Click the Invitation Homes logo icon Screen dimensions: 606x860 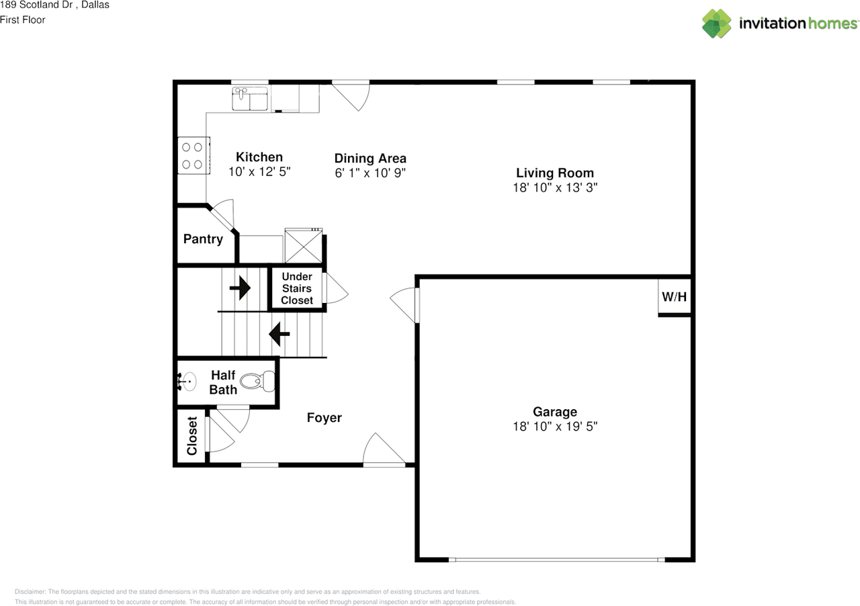pos(717,24)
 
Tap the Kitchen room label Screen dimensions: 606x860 pos(259,157)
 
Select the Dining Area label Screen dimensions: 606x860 pos(370,159)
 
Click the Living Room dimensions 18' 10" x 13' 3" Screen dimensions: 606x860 pos(555,188)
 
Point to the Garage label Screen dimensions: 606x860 pos(555,412)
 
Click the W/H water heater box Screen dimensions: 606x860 pos(675,296)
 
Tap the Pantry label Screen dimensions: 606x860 pos(203,239)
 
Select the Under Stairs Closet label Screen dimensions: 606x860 pos(297,288)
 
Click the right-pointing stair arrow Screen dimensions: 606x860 pos(240,289)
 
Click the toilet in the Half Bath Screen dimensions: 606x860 pos(257,382)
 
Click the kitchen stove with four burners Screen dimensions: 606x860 pos(193,155)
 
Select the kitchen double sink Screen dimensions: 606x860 pos(250,99)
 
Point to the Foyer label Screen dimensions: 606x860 pos(325,418)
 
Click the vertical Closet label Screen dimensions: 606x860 pos(192,436)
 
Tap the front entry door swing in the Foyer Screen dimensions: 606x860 pos(382,450)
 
